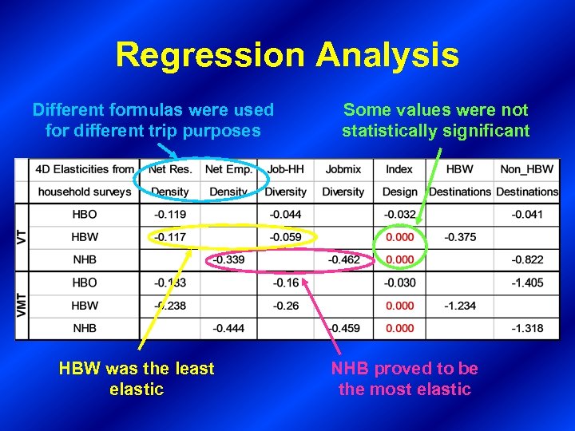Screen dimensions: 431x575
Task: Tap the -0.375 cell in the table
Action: (x=459, y=237)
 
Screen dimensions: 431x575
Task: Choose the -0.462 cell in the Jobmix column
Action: (x=343, y=260)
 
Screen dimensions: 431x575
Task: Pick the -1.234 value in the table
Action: (x=459, y=306)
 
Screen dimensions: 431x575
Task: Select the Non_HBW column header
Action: (x=527, y=169)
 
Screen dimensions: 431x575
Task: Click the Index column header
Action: (x=399, y=169)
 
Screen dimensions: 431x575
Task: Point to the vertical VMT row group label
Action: (x=22, y=305)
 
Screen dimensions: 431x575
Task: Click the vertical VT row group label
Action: (x=22, y=237)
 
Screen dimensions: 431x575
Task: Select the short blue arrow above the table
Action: (x=167, y=150)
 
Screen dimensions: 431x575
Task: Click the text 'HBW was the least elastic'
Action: (x=137, y=379)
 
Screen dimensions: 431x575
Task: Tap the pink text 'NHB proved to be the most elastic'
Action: (x=405, y=379)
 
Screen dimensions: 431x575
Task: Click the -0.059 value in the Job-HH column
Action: (x=285, y=237)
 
